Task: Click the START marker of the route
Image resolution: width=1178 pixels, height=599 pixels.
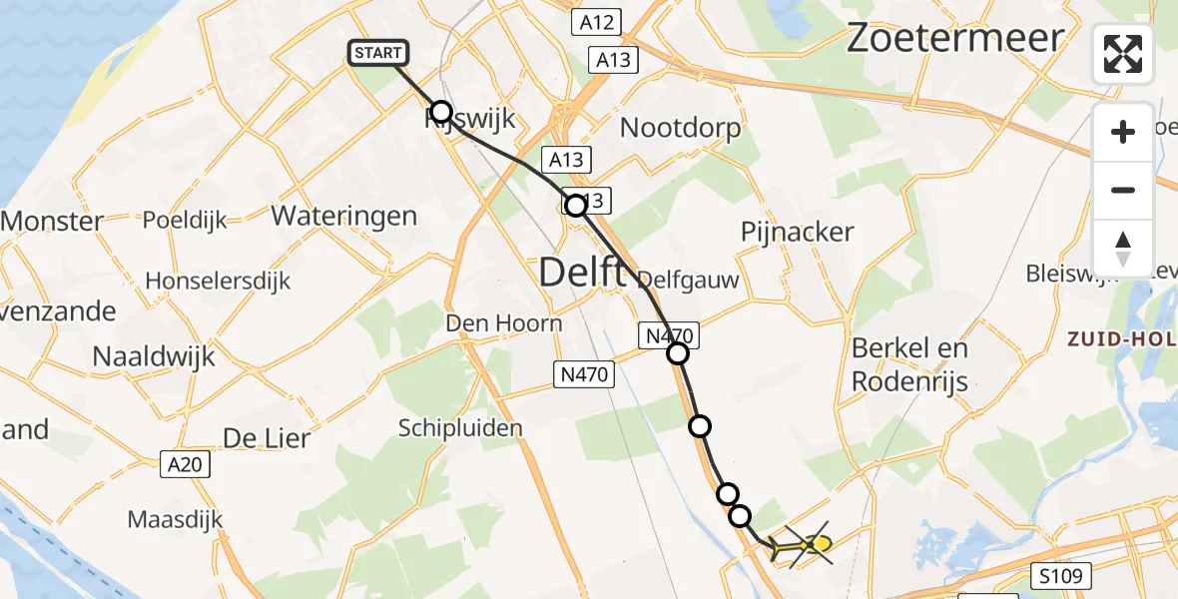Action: [x=378, y=53]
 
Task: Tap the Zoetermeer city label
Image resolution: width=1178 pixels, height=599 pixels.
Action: [x=955, y=38]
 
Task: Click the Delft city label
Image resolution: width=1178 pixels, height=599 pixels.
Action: [x=583, y=272]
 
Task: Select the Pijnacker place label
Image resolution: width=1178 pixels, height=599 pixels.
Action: [x=797, y=232]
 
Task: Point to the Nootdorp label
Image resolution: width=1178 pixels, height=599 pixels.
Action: [x=681, y=128]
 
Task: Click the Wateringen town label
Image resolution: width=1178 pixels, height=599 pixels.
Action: [x=343, y=216]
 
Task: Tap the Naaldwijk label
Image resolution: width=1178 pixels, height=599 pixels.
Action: [x=153, y=356]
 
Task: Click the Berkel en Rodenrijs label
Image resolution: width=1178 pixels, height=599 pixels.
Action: [x=909, y=364]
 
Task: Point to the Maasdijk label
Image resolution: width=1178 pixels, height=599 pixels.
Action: [x=175, y=519]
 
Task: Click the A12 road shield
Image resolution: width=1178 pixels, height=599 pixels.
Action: [x=597, y=22]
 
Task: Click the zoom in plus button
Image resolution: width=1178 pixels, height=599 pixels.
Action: [x=1123, y=132]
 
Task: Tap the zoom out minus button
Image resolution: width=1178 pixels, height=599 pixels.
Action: [x=1123, y=190]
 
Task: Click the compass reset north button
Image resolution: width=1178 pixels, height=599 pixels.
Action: [x=1123, y=248]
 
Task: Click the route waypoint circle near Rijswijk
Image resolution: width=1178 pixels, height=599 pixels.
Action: [x=440, y=112]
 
